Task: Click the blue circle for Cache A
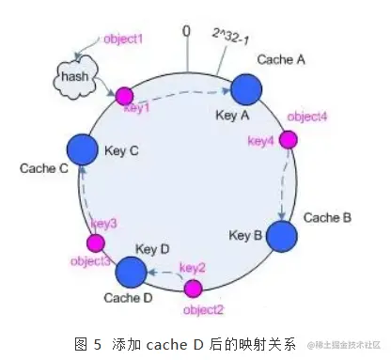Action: pyautogui.click(x=246, y=90)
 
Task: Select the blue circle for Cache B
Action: pyautogui.click(x=281, y=235)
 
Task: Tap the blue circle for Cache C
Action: pyautogui.click(x=83, y=149)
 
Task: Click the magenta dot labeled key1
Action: pyautogui.click(x=124, y=95)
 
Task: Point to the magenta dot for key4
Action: pyautogui.click(x=288, y=139)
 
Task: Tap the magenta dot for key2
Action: pyautogui.click(x=193, y=287)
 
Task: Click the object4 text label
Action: pyautogui.click(x=306, y=117)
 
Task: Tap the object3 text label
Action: pyautogui.click(x=89, y=258)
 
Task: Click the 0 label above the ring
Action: pyautogui.click(x=185, y=32)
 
